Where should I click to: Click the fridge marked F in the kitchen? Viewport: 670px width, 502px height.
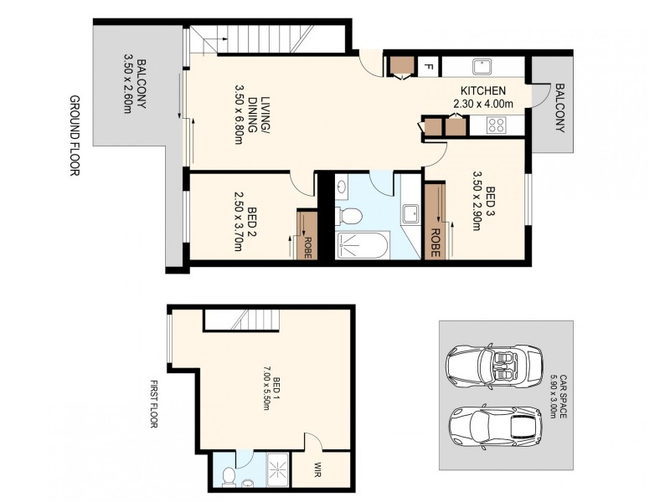(x=428, y=66)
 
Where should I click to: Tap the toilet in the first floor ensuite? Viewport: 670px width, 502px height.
(x=229, y=475)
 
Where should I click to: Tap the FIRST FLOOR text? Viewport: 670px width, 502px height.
(x=154, y=404)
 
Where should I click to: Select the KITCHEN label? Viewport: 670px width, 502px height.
(x=482, y=97)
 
